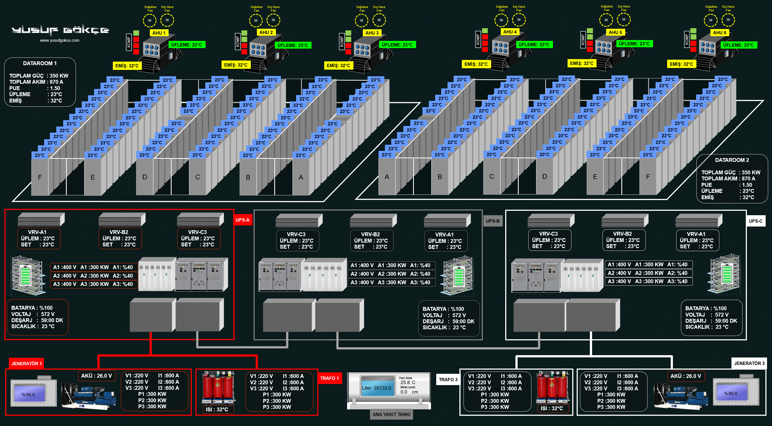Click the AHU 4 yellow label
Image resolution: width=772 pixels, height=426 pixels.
click(x=510, y=32)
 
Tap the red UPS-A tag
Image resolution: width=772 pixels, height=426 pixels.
click(x=242, y=220)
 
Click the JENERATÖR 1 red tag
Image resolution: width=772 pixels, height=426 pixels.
click(x=26, y=364)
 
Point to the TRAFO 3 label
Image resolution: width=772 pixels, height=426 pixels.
click(x=448, y=380)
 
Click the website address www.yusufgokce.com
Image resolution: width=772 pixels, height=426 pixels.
click(x=60, y=40)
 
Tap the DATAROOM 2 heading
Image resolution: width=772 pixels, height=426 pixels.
click(x=731, y=160)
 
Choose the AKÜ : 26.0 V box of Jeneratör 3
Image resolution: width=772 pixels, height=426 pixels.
click(x=685, y=376)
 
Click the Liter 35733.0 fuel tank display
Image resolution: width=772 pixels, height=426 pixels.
click(x=377, y=388)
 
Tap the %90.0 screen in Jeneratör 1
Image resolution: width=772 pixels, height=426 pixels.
click(x=28, y=395)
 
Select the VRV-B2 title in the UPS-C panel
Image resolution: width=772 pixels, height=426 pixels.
click(x=622, y=234)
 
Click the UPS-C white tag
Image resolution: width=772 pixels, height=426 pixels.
click(x=755, y=221)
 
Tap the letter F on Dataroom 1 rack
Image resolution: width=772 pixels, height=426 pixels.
click(x=39, y=177)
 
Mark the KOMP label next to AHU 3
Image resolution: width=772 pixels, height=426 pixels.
click(x=342, y=42)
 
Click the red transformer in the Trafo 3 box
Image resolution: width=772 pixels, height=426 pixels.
click(x=552, y=388)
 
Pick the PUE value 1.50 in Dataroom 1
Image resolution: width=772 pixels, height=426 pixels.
click(x=55, y=88)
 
